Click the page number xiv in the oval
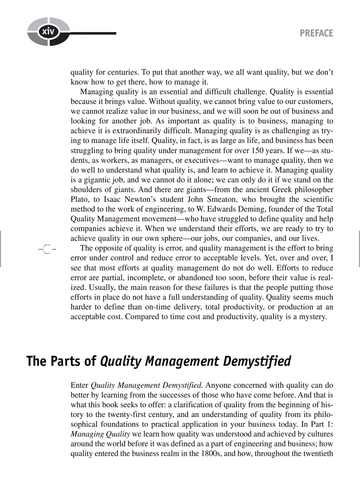pos(45,33)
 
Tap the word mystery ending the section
pos(313,317)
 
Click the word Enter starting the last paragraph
pos(79,384)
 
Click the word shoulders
pos(86,189)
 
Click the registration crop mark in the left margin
pos(47,249)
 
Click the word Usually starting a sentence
pos(84,288)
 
